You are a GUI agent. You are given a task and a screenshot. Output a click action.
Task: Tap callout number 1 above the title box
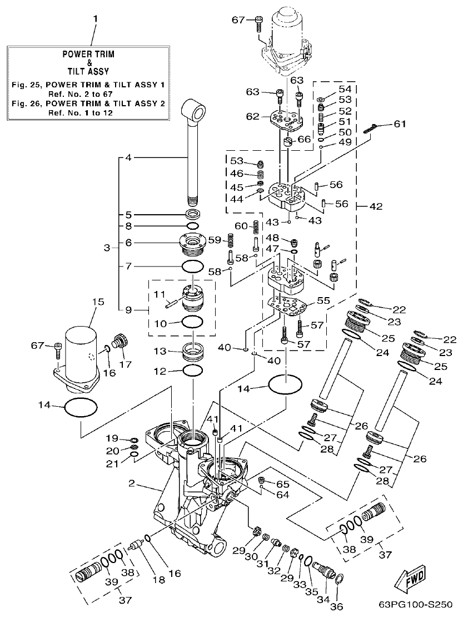(95, 19)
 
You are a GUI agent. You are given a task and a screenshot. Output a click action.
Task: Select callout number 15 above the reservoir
(98, 302)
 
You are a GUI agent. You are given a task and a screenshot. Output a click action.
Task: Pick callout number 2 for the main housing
(132, 484)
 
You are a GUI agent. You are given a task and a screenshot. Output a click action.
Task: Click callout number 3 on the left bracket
(107, 248)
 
